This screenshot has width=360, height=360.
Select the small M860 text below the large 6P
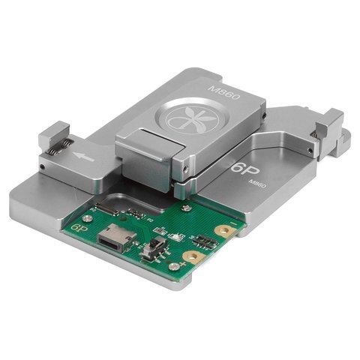[256, 184]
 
